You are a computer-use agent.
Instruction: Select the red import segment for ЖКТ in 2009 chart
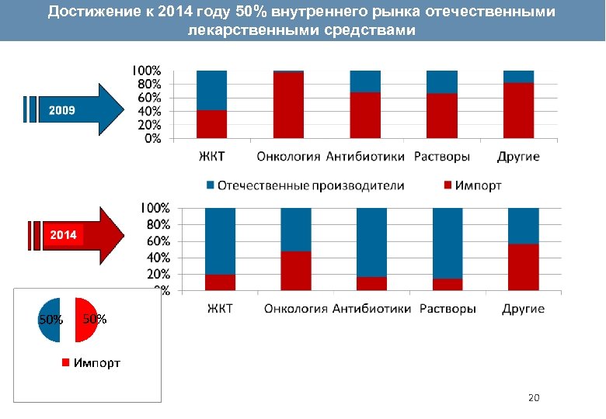point(211,124)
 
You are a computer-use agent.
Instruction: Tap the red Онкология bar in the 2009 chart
point(288,106)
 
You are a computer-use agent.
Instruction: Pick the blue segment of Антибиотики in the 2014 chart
point(371,241)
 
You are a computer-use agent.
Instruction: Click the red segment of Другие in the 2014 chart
point(523,267)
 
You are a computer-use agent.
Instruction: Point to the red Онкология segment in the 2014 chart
point(295,271)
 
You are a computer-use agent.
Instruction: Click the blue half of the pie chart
point(50,319)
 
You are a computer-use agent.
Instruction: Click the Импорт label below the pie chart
point(96,362)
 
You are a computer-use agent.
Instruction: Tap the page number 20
point(533,398)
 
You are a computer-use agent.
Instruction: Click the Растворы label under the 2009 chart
point(441,157)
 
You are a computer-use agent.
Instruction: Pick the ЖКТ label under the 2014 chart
point(219,309)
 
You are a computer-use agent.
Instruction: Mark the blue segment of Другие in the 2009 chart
point(518,76)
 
